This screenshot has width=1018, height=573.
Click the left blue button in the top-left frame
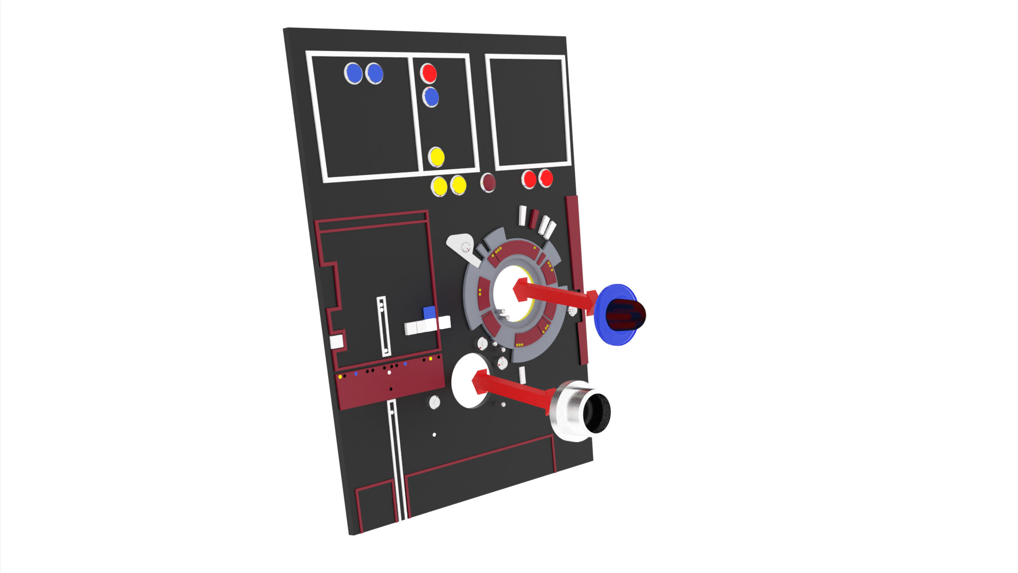tap(353, 73)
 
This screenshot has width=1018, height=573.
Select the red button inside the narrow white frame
tap(428, 73)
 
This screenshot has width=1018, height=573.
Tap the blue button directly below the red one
tap(431, 97)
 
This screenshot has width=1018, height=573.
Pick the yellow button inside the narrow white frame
tap(436, 157)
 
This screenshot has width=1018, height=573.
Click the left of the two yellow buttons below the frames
tap(439, 186)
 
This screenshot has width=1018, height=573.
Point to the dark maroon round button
tap(488, 183)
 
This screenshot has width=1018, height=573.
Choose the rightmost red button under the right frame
tap(546, 178)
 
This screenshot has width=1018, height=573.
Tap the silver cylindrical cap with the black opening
tap(581, 411)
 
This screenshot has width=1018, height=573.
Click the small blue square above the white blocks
tap(429, 312)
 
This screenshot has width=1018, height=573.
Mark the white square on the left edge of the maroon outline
tap(337, 342)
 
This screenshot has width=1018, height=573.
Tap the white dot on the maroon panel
tap(389, 372)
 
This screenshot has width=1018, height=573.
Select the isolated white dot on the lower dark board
tap(434, 435)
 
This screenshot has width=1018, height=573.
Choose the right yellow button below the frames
tap(458, 185)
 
